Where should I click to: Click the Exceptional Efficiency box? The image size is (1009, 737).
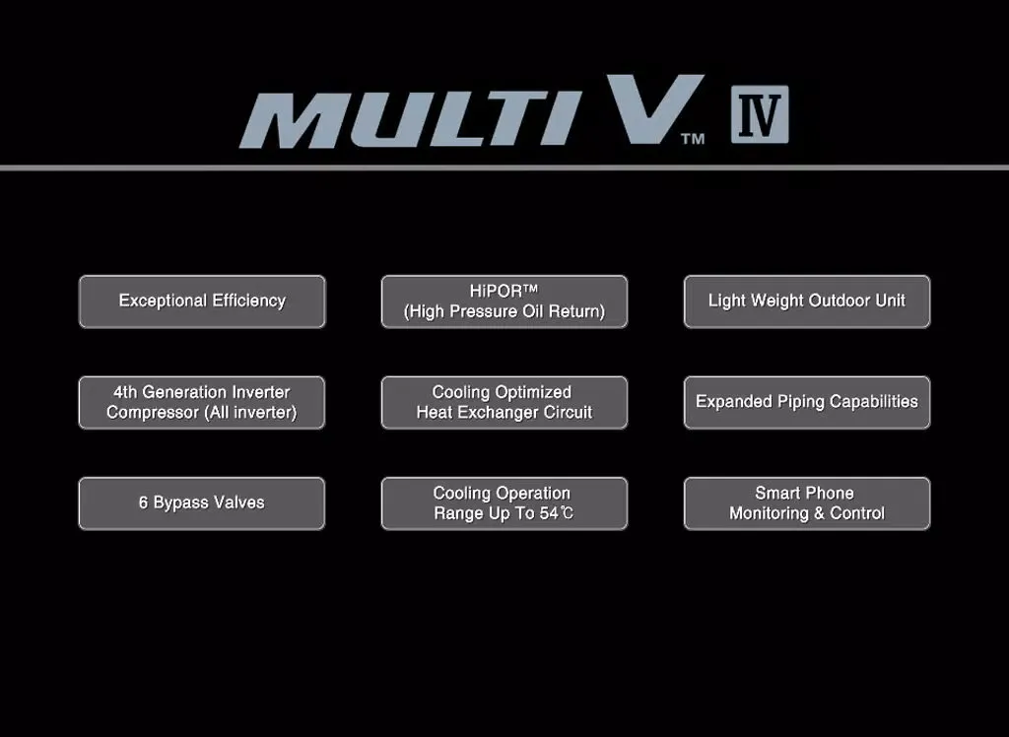(202, 301)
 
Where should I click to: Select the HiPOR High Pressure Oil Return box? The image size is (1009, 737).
(504, 301)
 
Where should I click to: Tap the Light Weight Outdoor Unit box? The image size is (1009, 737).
(807, 301)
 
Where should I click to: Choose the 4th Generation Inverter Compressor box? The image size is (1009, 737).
(202, 402)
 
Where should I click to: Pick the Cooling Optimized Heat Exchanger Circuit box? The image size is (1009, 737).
(504, 402)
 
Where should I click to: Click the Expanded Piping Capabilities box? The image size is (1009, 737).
(807, 402)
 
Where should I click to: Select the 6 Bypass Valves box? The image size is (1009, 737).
(202, 503)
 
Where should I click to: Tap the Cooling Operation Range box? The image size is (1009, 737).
(504, 503)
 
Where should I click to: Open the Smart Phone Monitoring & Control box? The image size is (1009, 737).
(807, 503)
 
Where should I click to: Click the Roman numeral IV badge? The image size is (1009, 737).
(760, 114)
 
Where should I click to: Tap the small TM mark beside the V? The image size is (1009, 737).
(693, 139)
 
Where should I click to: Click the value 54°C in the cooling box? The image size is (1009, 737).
(556, 513)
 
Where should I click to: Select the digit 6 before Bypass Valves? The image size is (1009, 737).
(144, 502)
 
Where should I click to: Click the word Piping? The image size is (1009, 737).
(794, 402)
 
